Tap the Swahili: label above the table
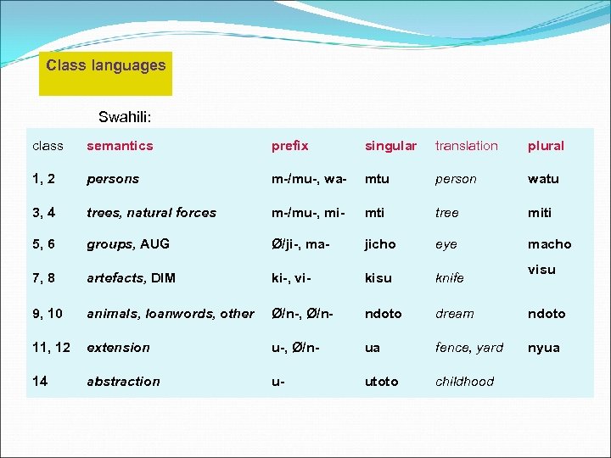124,117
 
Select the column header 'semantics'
120,146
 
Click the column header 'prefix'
289,146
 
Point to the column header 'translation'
466,146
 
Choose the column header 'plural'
546,146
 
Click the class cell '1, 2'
45,179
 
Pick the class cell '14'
40,381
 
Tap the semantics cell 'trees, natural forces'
151,213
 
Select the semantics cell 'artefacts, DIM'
131,278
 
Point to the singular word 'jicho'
380,244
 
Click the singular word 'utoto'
381,382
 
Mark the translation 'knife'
449,278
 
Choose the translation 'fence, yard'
468,348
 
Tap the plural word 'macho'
549,244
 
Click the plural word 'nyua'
543,348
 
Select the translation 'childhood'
464,382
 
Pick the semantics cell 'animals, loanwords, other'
170,314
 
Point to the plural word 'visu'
541,270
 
